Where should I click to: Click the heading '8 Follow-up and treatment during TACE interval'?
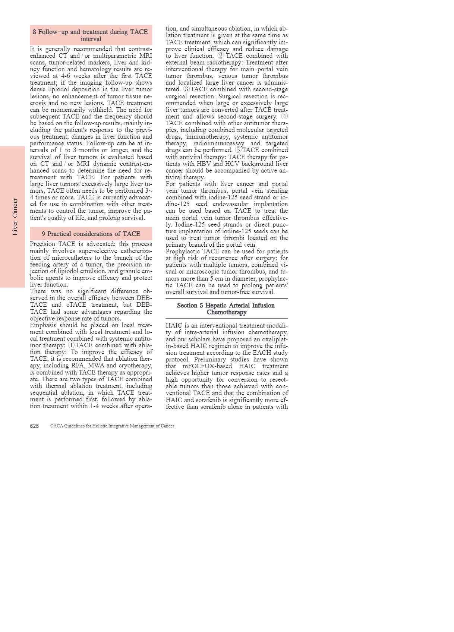tap(91, 35)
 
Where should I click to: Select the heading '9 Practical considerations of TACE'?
tap(91, 234)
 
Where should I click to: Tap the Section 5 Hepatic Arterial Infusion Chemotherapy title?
tap(226, 309)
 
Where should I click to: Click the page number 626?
tap(34, 426)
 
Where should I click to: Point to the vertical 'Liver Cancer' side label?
tap(15, 217)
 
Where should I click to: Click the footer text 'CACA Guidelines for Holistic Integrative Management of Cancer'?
tap(112, 426)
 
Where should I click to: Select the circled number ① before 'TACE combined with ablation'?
tap(71, 345)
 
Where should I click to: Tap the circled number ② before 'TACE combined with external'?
tap(221, 56)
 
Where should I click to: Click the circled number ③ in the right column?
tap(186, 89)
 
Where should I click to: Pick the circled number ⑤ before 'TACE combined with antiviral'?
tap(238, 150)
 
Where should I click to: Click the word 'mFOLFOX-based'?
tap(207, 366)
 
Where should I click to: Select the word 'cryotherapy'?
tap(136, 366)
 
